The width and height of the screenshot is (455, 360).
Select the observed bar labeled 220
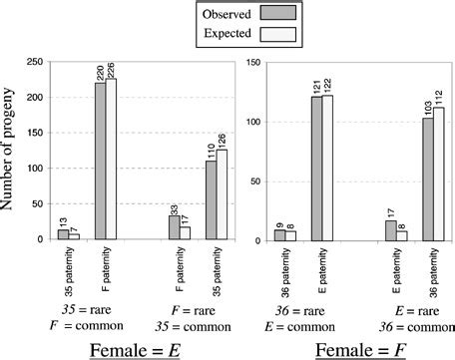(100, 161)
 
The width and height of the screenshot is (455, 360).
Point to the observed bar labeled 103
(427, 179)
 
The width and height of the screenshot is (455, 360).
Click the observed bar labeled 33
(175, 227)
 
